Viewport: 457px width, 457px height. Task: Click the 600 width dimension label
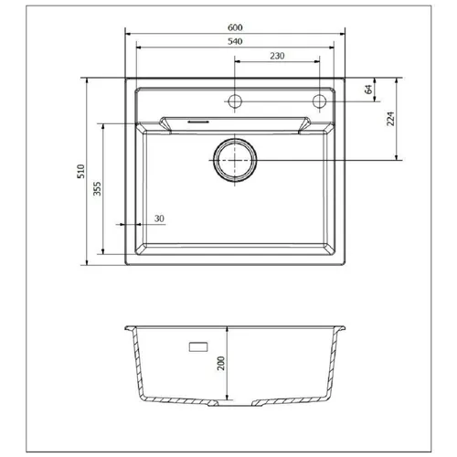tap(235, 27)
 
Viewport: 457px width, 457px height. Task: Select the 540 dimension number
tap(235, 41)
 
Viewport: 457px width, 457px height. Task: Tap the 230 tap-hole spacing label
tap(277, 56)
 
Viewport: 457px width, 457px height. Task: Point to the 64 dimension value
tap(368, 90)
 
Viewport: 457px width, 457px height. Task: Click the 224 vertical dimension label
tap(390, 119)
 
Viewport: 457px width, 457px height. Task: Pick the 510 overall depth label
tap(80, 171)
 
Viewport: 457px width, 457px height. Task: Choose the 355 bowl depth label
tap(97, 188)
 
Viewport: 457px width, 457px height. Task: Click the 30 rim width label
tap(159, 218)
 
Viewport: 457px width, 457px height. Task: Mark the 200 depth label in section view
tap(221, 363)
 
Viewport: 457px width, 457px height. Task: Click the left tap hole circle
tap(235, 101)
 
